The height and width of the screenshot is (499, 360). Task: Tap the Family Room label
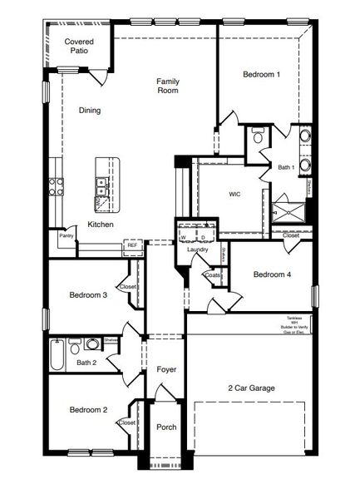tap(169, 86)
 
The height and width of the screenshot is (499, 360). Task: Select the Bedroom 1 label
tap(261, 75)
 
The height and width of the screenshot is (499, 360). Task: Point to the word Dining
tap(91, 110)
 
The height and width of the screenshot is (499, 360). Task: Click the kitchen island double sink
tap(101, 185)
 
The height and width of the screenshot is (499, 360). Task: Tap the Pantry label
tap(67, 236)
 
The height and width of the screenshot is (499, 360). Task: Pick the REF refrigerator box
tap(132, 245)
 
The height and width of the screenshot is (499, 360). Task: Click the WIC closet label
tap(235, 194)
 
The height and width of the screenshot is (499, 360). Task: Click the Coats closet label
tap(214, 275)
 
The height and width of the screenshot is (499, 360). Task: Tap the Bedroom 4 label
tap(272, 274)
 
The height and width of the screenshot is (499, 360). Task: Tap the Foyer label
tap(166, 368)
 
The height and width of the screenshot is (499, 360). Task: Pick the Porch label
tap(166, 427)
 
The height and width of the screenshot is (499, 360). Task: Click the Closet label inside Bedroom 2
tap(127, 422)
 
